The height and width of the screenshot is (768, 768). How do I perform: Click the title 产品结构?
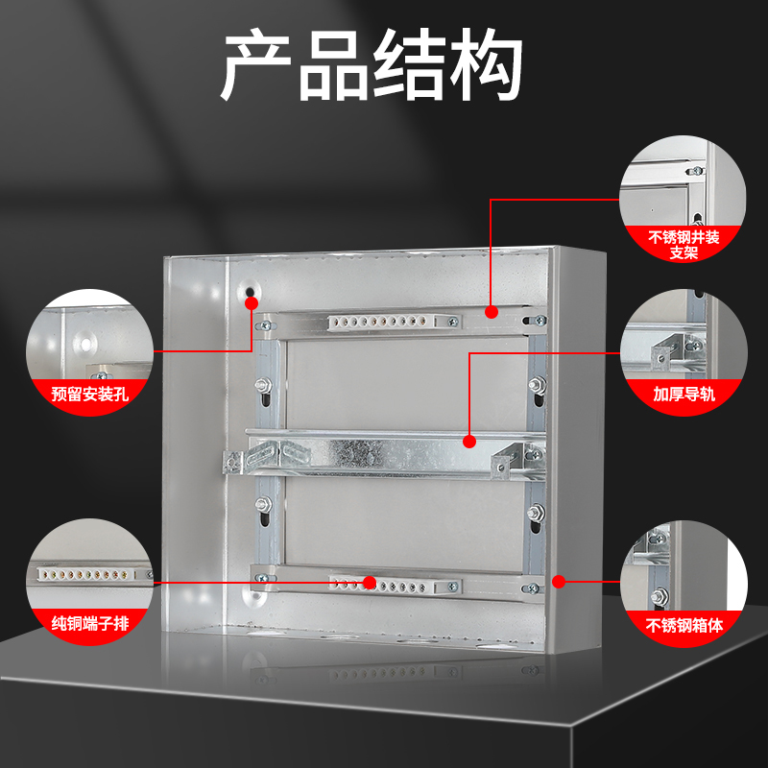click(x=372, y=66)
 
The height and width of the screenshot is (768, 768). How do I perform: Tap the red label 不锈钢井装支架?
click(x=684, y=246)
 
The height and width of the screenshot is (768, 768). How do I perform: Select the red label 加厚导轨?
click(x=684, y=394)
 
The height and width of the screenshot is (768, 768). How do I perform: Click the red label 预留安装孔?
click(x=89, y=393)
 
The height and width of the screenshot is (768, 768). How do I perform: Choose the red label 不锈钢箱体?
click(x=684, y=625)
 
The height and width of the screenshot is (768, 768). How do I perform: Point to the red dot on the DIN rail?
click(x=469, y=442)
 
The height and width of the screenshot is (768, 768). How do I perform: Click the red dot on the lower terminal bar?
click(x=370, y=582)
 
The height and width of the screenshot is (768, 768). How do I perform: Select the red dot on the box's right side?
click(x=559, y=581)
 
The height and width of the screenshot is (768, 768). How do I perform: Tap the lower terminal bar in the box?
click(x=389, y=584)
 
